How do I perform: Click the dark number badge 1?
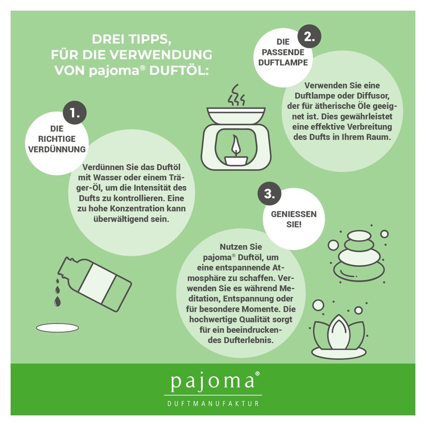coord(75,113)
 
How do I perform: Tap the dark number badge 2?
coord(309,37)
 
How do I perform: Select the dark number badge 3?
coord(269,194)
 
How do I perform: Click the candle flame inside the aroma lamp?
coord(235,146)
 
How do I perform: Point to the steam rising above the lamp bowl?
coord(236,95)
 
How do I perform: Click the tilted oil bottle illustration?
coord(94,284)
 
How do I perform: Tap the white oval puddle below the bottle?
coord(58,328)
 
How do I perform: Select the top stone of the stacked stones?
coord(359,235)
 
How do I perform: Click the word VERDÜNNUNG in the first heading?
coord(57,149)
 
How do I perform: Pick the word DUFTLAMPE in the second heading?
coord(283,62)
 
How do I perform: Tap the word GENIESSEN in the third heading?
coord(294,214)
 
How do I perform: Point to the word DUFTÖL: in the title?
coord(179,70)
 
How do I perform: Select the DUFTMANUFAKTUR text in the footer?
coord(213,404)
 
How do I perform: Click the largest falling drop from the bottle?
coord(57,301)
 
